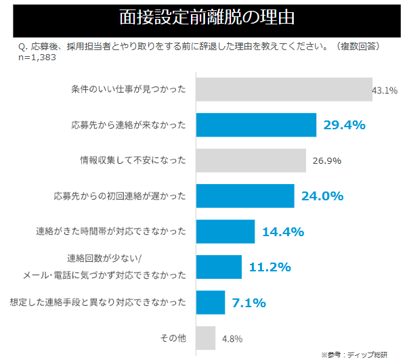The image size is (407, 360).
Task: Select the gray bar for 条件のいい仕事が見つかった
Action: (x=284, y=89)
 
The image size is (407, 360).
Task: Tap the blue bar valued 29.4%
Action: (x=256, y=125)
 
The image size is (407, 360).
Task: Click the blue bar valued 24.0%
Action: (x=244, y=196)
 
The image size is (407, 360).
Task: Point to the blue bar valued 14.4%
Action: (x=225, y=231)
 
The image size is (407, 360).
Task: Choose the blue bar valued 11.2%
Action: (x=218, y=267)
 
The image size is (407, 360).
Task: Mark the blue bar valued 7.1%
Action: (x=210, y=302)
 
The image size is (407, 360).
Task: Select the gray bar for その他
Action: (x=205, y=338)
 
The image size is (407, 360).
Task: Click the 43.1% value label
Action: (x=385, y=90)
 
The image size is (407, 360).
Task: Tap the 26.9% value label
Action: (x=327, y=161)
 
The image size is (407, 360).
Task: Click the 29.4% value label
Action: (x=344, y=125)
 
